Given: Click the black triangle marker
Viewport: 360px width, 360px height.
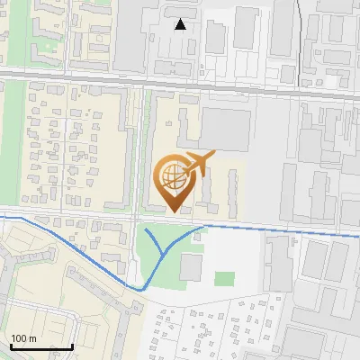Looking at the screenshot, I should pos(181,24).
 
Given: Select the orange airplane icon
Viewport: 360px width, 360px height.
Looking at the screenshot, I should pos(198,162).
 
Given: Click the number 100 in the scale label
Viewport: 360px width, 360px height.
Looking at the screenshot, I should pos(19,338).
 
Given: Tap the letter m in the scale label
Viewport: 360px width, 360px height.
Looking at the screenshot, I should pos(32,338).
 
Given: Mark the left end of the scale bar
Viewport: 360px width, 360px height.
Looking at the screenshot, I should pos(11,346).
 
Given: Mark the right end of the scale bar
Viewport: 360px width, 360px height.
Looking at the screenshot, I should pos(72,346).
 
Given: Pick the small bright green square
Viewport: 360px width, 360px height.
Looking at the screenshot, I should pos(224,279).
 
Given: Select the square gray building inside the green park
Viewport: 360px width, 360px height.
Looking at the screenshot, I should pos(191,265).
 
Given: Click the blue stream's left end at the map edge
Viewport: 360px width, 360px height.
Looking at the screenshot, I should pos(1,217).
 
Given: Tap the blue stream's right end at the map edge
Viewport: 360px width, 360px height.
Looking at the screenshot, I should pos(358,235).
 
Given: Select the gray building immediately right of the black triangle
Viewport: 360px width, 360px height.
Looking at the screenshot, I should pos(215,36).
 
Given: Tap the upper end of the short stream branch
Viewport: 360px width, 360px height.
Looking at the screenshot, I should pos(146,231).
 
